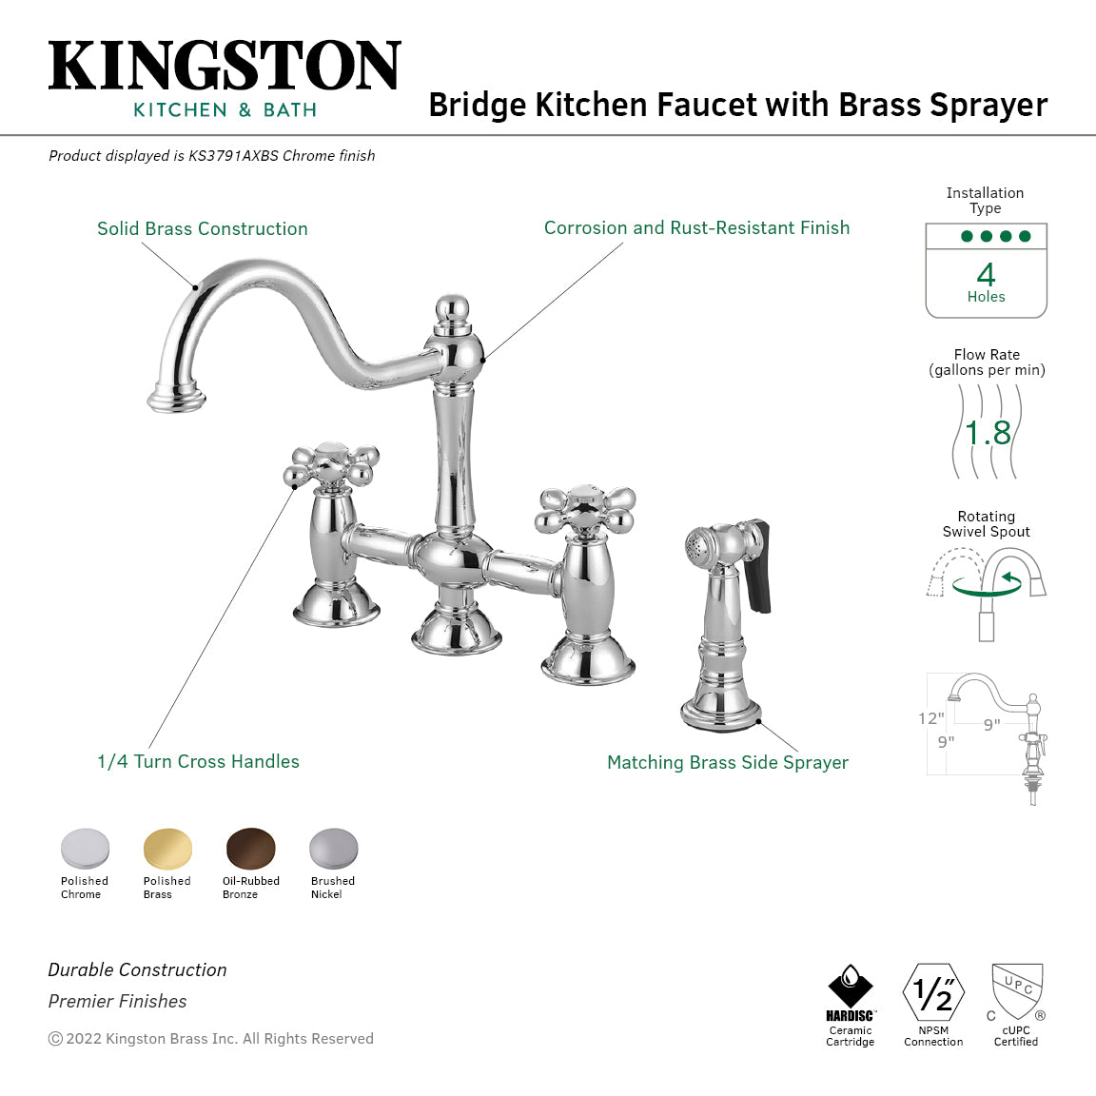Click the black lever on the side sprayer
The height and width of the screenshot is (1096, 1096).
point(759,566)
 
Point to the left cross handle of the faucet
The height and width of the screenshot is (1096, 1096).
point(332,466)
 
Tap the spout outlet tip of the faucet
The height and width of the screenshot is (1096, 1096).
point(177,400)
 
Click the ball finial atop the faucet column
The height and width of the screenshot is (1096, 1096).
point(453,308)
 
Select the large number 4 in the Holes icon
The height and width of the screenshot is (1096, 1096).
point(986,275)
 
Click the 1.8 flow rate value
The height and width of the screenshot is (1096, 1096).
point(988,433)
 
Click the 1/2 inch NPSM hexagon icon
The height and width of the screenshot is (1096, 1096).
point(933,992)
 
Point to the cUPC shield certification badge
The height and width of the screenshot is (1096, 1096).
point(1017,991)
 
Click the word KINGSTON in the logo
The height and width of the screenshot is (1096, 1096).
point(225,66)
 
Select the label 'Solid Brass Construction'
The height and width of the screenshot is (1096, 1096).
point(203,228)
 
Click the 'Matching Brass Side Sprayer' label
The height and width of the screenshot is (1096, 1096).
point(728,762)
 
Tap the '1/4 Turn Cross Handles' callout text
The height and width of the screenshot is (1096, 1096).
point(198,761)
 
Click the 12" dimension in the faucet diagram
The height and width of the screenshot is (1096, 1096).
point(931,718)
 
